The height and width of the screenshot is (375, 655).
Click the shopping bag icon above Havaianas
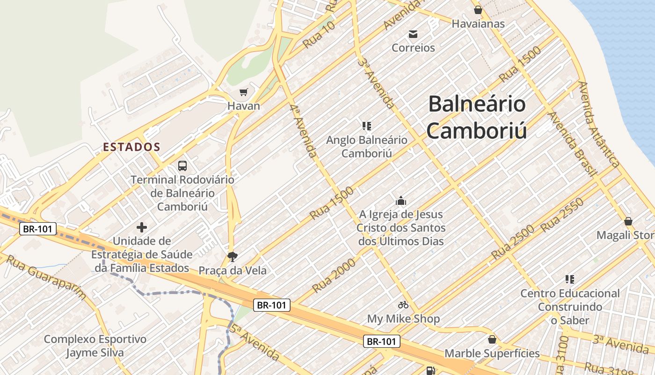pyautogui.click(x=478, y=9)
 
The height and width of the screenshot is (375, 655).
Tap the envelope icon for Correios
pyautogui.click(x=413, y=34)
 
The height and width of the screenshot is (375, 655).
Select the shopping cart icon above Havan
pyautogui.click(x=243, y=92)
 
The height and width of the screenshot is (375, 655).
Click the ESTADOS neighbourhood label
pyautogui.click(x=131, y=147)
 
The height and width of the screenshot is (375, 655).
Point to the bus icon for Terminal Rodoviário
pyautogui.click(x=182, y=165)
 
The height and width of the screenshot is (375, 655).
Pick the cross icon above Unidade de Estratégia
pyautogui.click(x=142, y=228)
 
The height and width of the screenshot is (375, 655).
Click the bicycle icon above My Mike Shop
pyautogui.click(x=403, y=305)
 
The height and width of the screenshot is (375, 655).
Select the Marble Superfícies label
pyautogui.click(x=492, y=353)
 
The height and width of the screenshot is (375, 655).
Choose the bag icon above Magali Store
pyautogui.click(x=628, y=221)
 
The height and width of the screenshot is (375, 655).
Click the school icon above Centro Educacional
pyautogui.click(x=570, y=279)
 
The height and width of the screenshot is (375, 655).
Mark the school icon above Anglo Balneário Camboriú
pyautogui.click(x=367, y=126)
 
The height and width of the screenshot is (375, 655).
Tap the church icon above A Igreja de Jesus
pyautogui.click(x=400, y=201)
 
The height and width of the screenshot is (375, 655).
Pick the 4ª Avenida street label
pyautogui.click(x=303, y=131)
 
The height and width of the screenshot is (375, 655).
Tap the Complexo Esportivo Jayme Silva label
pyautogui.click(x=95, y=345)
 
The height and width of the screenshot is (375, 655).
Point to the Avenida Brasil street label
pyautogui.click(x=572, y=143)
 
